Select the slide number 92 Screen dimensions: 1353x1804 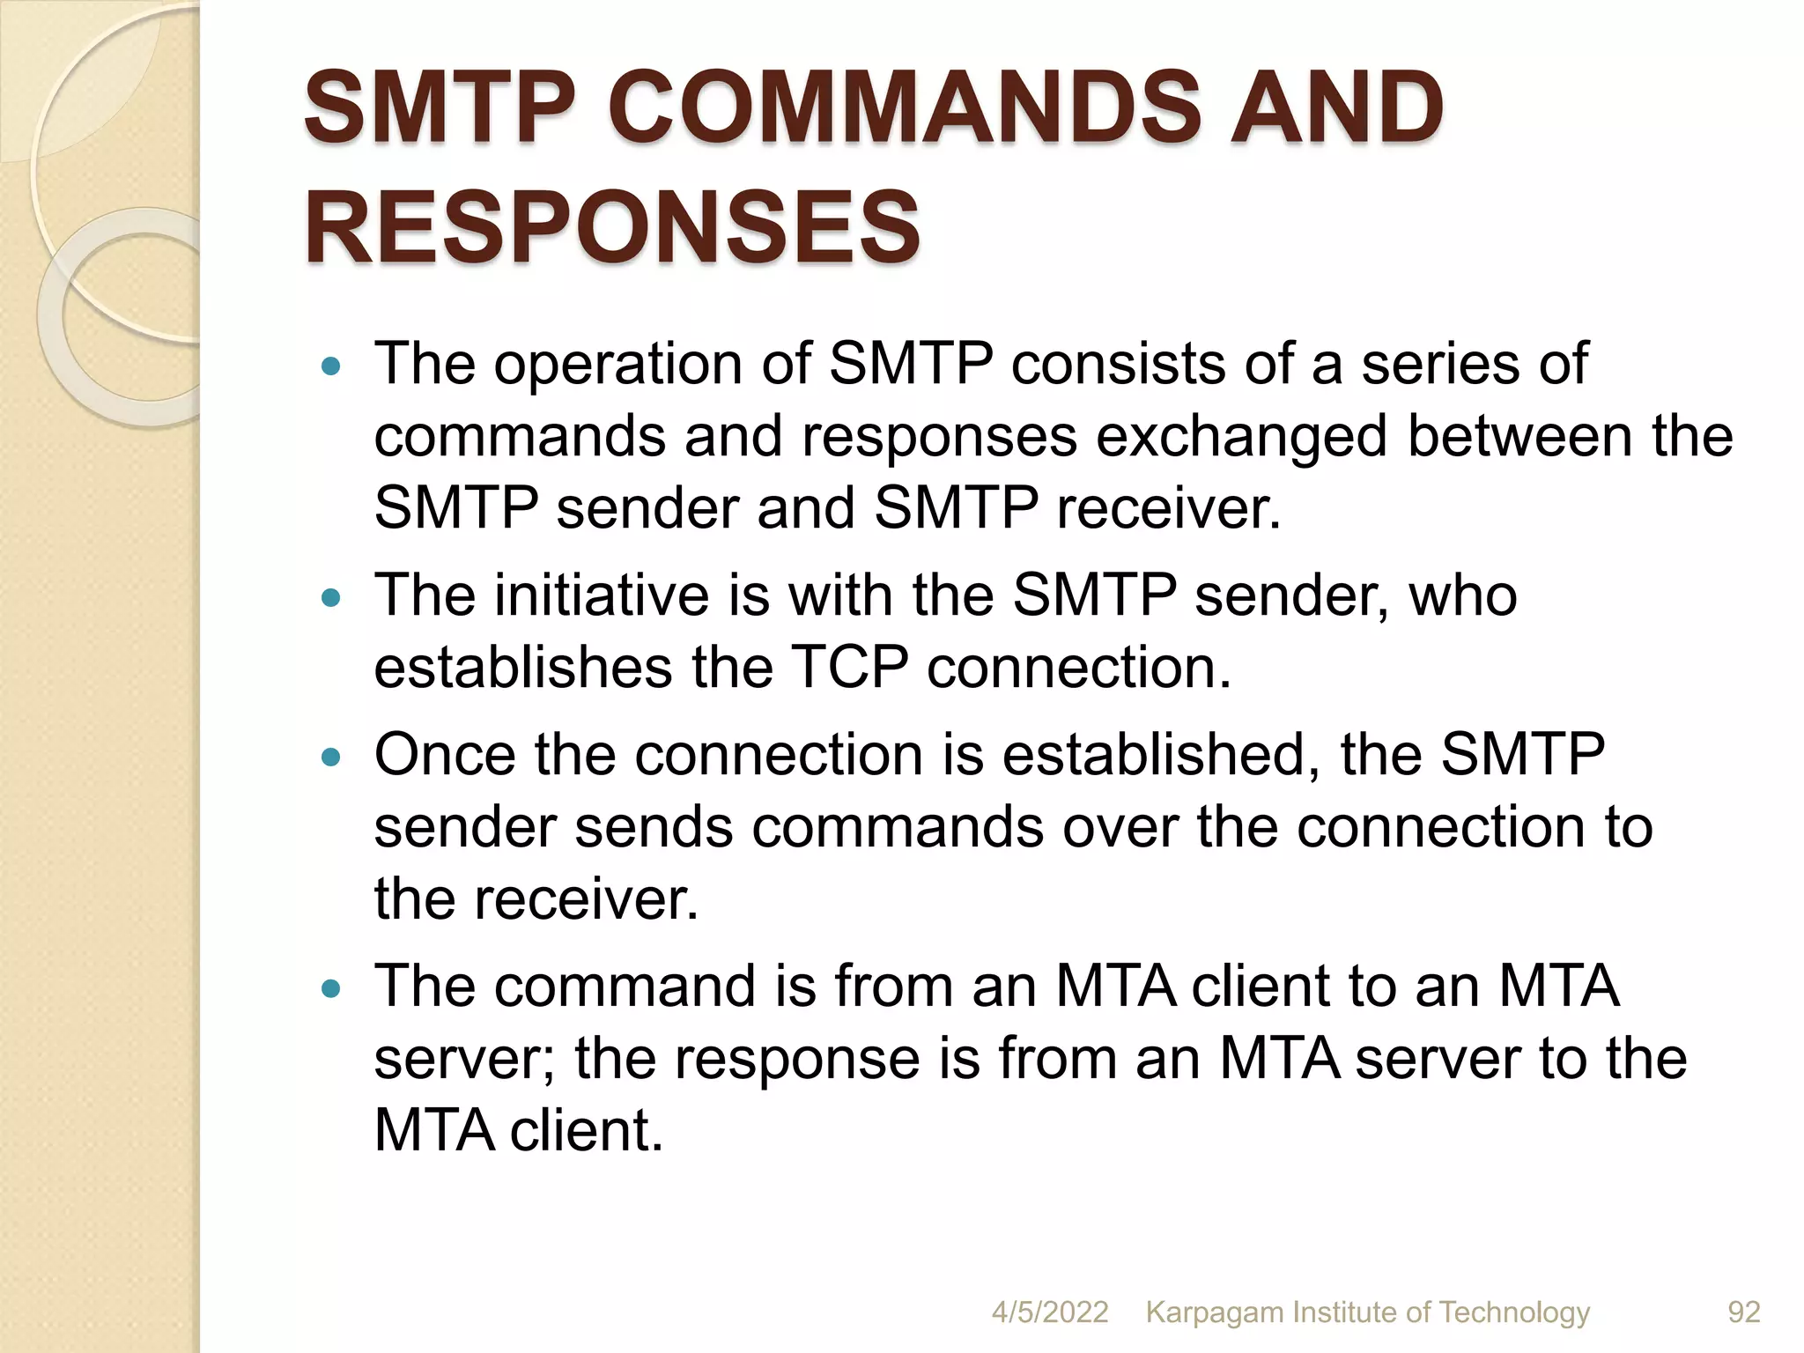1743,1312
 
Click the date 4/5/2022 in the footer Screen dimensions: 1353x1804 1049,1312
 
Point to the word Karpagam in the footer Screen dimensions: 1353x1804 1215,1312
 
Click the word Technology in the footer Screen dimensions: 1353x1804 1514,1312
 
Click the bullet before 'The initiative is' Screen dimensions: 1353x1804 331,598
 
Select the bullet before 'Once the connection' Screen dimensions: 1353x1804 331,757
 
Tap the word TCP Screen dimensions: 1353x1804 849,667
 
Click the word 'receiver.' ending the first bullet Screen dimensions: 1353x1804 1169,508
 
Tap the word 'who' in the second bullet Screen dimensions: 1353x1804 1463,595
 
